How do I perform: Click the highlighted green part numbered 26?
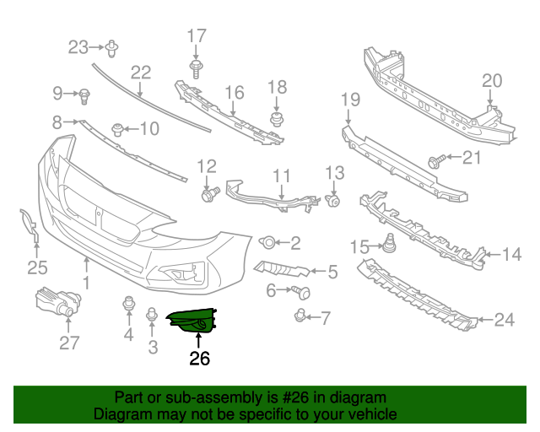(193, 321)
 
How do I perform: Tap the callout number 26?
(199, 359)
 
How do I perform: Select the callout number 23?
(78, 46)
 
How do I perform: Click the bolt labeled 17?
(196, 67)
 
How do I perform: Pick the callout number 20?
(492, 81)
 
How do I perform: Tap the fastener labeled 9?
(84, 95)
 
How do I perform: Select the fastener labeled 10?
(117, 129)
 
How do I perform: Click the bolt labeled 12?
(208, 195)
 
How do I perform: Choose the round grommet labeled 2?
(267, 243)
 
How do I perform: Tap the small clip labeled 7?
(300, 316)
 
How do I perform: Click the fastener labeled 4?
(128, 304)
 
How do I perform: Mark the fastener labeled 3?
(152, 316)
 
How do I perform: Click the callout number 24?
(504, 320)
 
